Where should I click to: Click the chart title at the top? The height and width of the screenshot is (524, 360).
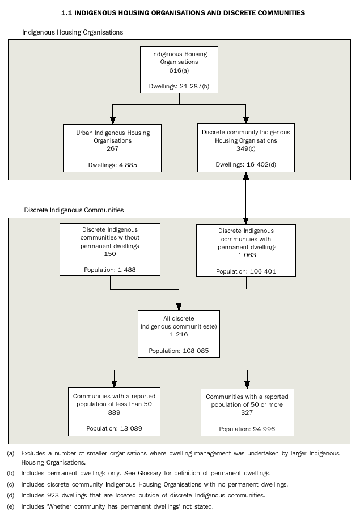[x=183, y=12]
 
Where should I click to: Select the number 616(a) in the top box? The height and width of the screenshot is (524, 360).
[x=179, y=70]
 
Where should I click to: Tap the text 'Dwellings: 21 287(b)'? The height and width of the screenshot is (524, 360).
[x=179, y=87]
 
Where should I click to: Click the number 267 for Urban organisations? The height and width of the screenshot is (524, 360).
[x=113, y=148]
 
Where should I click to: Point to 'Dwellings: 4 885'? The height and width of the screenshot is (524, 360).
[x=113, y=165]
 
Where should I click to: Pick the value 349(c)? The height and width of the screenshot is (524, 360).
[x=246, y=148]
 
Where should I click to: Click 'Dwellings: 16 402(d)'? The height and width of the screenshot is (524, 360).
[x=246, y=165]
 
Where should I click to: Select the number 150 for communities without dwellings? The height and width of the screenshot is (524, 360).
[x=111, y=254]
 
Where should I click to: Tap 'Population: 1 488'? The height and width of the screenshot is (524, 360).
[x=111, y=270]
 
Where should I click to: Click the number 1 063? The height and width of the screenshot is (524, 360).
[x=246, y=255]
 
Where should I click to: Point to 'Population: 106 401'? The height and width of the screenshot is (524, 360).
[x=246, y=272]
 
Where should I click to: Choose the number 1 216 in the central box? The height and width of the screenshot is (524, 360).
[x=179, y=335]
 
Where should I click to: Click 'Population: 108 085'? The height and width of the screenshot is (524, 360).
[x=179, y=351]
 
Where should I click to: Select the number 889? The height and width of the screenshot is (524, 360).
[x=114, y=412]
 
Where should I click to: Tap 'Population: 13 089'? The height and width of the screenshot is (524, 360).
[x=114, y=428]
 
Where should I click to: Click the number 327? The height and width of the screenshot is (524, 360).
[x=247, y=413]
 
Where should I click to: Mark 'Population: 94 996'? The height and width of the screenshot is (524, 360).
[x=247, y=429]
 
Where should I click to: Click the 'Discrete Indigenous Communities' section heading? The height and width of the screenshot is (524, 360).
[x=74, y=210]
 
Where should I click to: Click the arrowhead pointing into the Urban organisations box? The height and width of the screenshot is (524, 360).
[x=113, y=120]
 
